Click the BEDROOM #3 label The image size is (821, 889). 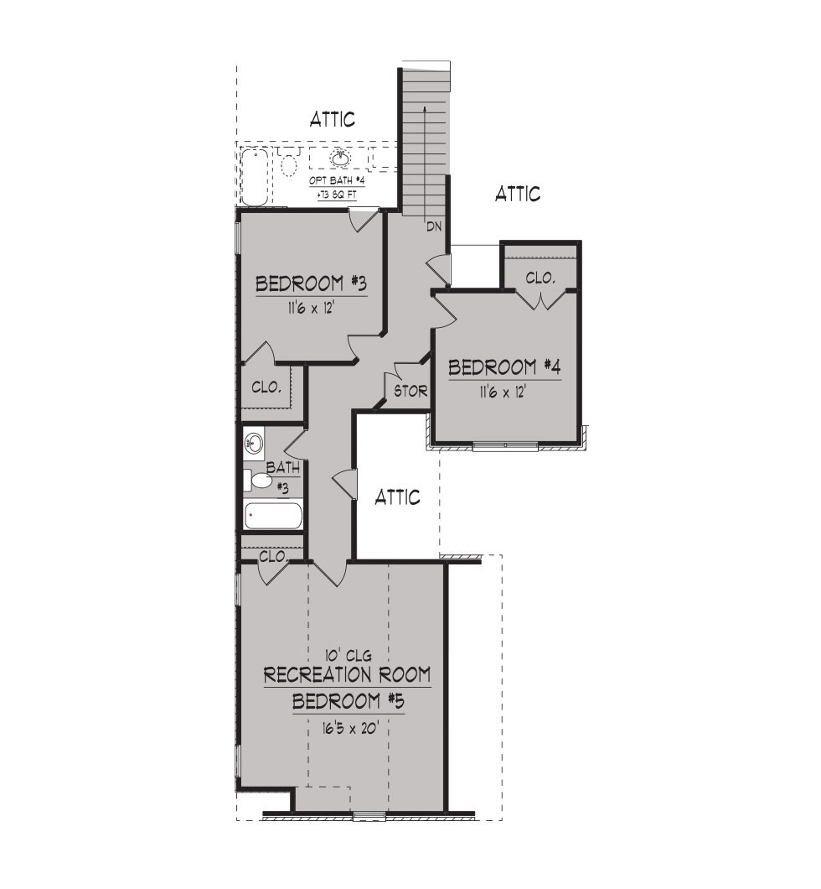[311, 283]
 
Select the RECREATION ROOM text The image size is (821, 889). [347, 674]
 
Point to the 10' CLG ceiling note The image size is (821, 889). [349, 655]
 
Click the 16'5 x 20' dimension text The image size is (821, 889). [350, 728]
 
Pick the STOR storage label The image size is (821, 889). [410, 391]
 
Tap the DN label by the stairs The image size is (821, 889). [434, 226]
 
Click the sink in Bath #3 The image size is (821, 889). [254, 443]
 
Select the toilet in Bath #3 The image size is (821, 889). [258, 481]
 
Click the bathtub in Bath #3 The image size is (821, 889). [273, 516]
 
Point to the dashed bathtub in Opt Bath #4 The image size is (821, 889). [256, 176]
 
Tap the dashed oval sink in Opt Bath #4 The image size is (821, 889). [340, 159]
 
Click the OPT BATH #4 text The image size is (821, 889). [336, 180]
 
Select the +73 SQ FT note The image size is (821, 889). [336, 195]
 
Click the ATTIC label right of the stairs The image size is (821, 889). [518, 194]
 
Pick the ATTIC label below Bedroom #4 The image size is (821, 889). [397, 497]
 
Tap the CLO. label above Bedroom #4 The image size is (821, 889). [540, 278]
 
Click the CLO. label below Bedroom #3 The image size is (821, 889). [266, 387]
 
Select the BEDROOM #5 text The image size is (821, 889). [349, 701]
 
